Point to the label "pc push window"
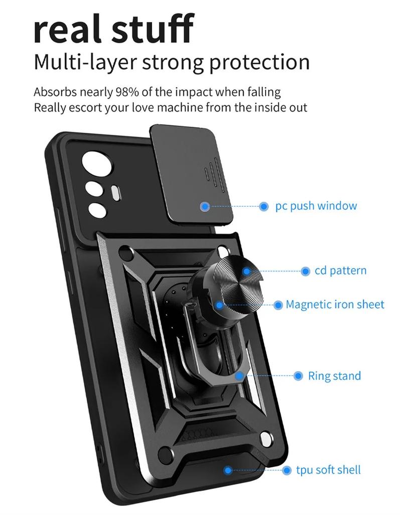click(x=316, y=206)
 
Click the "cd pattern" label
click(x=340, y=271)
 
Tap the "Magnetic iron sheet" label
click(x=335, y=304)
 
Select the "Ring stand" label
click(x=334, y=376)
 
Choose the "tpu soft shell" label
click(x=328, y=470)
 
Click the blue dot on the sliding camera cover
click(x=205, y=206)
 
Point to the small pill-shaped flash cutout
click(x=115, y=192)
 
